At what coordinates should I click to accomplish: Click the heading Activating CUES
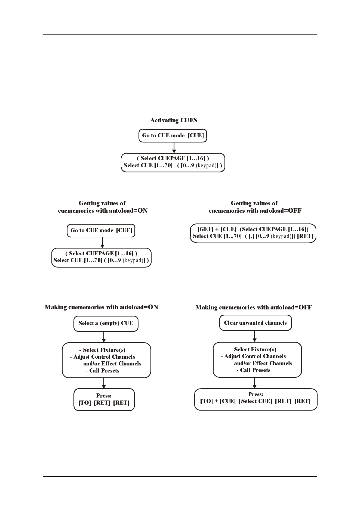(x=174, y=120)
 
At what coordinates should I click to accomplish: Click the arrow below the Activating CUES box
(x=174, y=148)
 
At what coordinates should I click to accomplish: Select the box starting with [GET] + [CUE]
(x=253, y=233)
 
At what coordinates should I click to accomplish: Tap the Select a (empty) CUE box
(x=106, y=323)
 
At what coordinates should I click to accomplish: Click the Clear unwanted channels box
(x=256, y=323)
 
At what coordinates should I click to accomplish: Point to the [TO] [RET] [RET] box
(x=104, y=399)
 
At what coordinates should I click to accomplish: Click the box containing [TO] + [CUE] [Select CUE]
(x=256, y=399)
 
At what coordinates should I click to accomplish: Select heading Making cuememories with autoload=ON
(x=101, y=307)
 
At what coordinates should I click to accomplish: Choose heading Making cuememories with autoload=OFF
(x=254, y=308)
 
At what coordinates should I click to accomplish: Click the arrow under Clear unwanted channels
(x=254, y=336)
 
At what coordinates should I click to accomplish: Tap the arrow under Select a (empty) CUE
(x=104, y=337)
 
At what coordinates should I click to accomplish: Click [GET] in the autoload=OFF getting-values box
(x=205, y=229)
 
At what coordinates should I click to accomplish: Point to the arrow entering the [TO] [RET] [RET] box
(x=104, y=383)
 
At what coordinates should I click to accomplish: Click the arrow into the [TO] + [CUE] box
(x=254, y=383)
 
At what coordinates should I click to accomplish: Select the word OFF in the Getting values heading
(x=293, y=211)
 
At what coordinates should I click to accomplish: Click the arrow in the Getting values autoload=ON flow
(x=102, y=243)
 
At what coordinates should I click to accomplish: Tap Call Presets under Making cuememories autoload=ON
(x=104, y=371)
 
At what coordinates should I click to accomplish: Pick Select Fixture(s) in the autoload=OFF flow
(x=255, y=349)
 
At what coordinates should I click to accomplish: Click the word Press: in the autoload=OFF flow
(x=256, y=394)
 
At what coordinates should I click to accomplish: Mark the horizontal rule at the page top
(x=180, y=34)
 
